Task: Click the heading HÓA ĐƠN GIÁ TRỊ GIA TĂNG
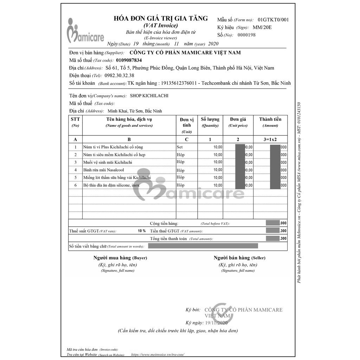(x=161, y=19)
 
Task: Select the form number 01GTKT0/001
(x=273, y=20)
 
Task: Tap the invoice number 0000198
(x=246, y=35)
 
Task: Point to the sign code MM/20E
(x=262, y=27)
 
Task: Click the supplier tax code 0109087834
(x=129, y=60)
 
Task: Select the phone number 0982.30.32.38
(x=119, y=75)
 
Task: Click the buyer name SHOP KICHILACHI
(x=149, y=96)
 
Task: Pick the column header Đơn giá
(x=238, y=120)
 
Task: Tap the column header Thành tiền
(x=270, y=120)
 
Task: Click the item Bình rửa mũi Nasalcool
(x=104, y=170)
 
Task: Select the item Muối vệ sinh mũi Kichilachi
(x=108, y=162)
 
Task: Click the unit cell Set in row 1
(x=180, y=147)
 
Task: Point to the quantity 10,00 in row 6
(x=218, y=185)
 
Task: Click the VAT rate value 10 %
(x=142, y=231)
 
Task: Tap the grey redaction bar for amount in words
(x=203, y=246)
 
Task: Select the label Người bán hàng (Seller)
(x=238, y=258)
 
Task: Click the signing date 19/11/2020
(x=217, y=323)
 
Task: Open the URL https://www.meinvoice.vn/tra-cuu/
(x=157, y=355)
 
